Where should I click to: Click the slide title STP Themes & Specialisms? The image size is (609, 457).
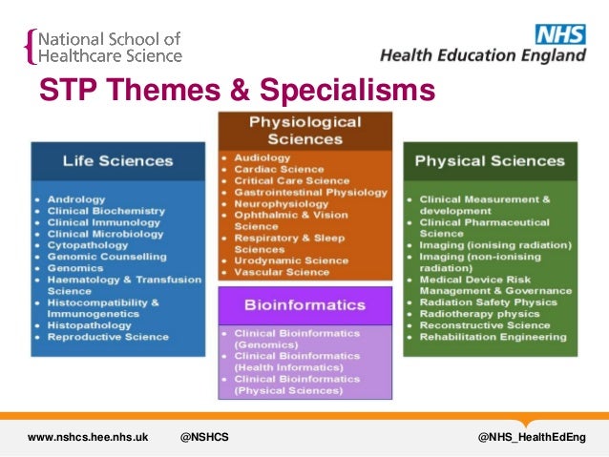[236, 92]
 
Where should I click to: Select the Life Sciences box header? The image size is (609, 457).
[118, 160]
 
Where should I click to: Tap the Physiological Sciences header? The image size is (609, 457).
[305, 131]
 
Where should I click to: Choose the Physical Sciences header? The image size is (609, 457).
[490, 160]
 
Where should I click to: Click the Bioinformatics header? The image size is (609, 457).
[305, 305]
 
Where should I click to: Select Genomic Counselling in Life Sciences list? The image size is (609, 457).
[107, 257]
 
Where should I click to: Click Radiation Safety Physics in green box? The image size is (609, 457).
[487, 301]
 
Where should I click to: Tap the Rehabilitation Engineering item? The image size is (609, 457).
[493, 336]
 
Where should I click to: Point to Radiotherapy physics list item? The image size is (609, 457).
[476, 313]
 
